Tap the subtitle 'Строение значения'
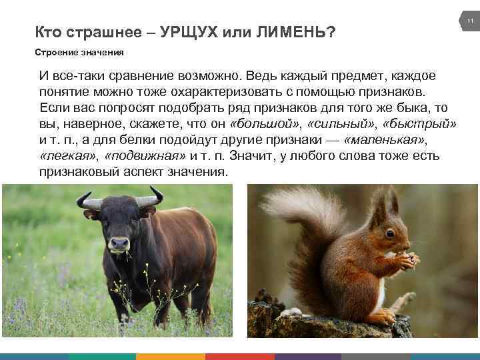coord(79,51)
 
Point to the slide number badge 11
coord(469,22)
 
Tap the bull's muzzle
coord(119,245)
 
